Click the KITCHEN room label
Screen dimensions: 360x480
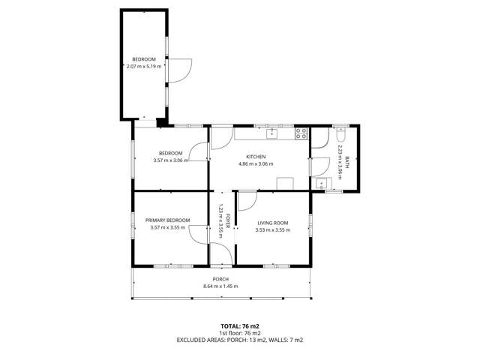point(255,156)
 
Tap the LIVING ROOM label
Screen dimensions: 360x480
point(273,222)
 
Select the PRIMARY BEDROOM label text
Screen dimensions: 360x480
point(167,220)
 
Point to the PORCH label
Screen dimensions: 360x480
point(220,280)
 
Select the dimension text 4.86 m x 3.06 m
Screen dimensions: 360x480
point(255,163)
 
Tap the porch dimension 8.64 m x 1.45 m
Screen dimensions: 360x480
point(220,286)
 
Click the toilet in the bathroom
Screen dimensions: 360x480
point(340,138)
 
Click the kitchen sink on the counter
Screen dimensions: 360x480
point(272,134)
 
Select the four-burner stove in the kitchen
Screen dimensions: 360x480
point(301,134)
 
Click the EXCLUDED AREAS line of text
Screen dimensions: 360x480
point(239,340)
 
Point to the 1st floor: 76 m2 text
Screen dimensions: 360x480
point(239,333)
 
